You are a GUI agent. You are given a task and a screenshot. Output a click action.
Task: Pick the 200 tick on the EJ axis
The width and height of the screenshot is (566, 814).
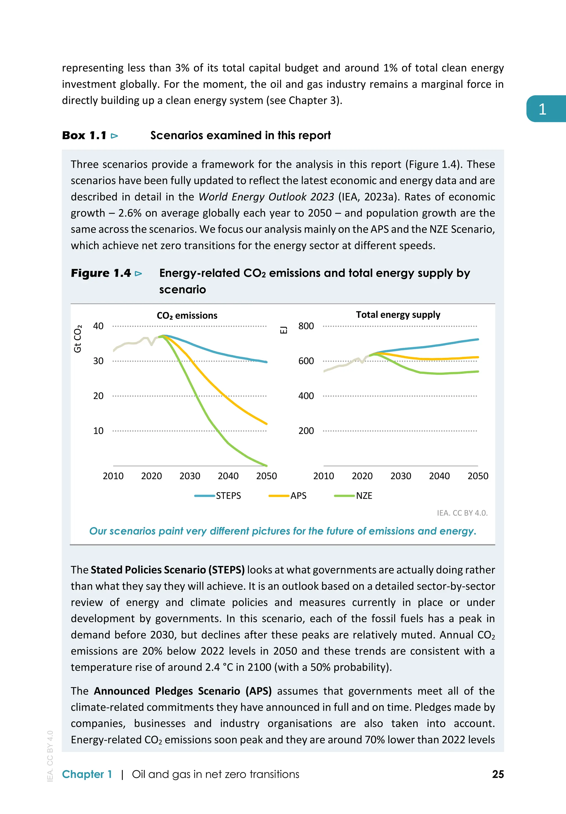[306, 431]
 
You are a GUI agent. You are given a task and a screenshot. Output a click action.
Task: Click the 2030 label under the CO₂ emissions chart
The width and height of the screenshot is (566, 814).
[190, 476]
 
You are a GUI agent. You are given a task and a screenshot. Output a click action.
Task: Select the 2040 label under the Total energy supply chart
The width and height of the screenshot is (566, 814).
[439, 476]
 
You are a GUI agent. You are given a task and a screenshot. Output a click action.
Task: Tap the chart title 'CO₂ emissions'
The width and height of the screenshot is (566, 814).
[187, 315]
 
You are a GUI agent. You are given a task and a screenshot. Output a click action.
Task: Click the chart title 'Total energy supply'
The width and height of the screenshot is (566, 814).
[398, 315]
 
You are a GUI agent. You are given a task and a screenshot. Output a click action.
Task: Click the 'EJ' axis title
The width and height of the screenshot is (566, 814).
[284, 330]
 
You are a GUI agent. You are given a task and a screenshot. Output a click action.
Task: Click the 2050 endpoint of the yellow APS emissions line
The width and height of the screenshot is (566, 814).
[266, 424]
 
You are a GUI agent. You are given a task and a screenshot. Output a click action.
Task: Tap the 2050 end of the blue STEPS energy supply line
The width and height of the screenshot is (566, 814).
[478, 339]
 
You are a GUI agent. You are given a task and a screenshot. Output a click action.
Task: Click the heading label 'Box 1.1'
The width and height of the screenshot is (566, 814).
[84, 135]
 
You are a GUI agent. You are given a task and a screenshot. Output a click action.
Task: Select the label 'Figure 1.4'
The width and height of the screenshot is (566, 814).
[101, 273]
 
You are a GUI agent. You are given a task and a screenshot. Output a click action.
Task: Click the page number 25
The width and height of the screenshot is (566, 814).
[497, 774]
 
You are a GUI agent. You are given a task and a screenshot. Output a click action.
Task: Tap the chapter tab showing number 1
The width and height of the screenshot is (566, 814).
[542, 109]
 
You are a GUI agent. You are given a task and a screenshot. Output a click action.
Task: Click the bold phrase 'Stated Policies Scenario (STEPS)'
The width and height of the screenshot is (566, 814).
[168, 570]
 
